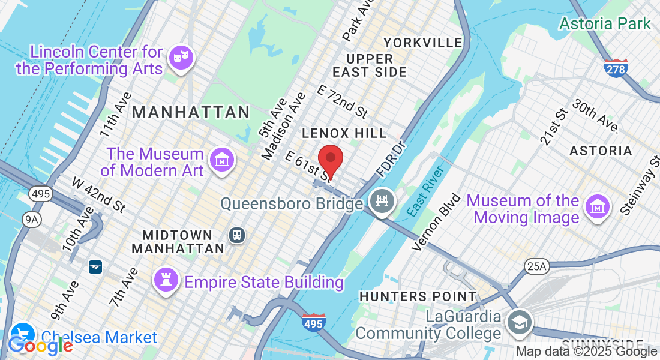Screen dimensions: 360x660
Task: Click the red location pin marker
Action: [x=330, y=160]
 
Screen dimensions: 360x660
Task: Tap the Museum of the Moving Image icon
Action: [x=597, y=207]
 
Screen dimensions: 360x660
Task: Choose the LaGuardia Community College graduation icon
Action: [x=518, y=323]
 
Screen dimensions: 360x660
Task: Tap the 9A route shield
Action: [x=31, y=220]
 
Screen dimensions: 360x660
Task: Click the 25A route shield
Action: [x=535, y=266]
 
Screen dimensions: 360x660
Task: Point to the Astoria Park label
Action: [x=605, y=24]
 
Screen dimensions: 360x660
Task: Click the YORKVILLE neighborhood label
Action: [x=423, y=43]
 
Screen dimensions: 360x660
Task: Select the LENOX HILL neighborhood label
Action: [x=344, y=133]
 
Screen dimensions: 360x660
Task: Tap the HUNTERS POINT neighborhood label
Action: [x=417, y=296]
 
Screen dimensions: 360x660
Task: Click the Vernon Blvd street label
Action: [x=437, y=222]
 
